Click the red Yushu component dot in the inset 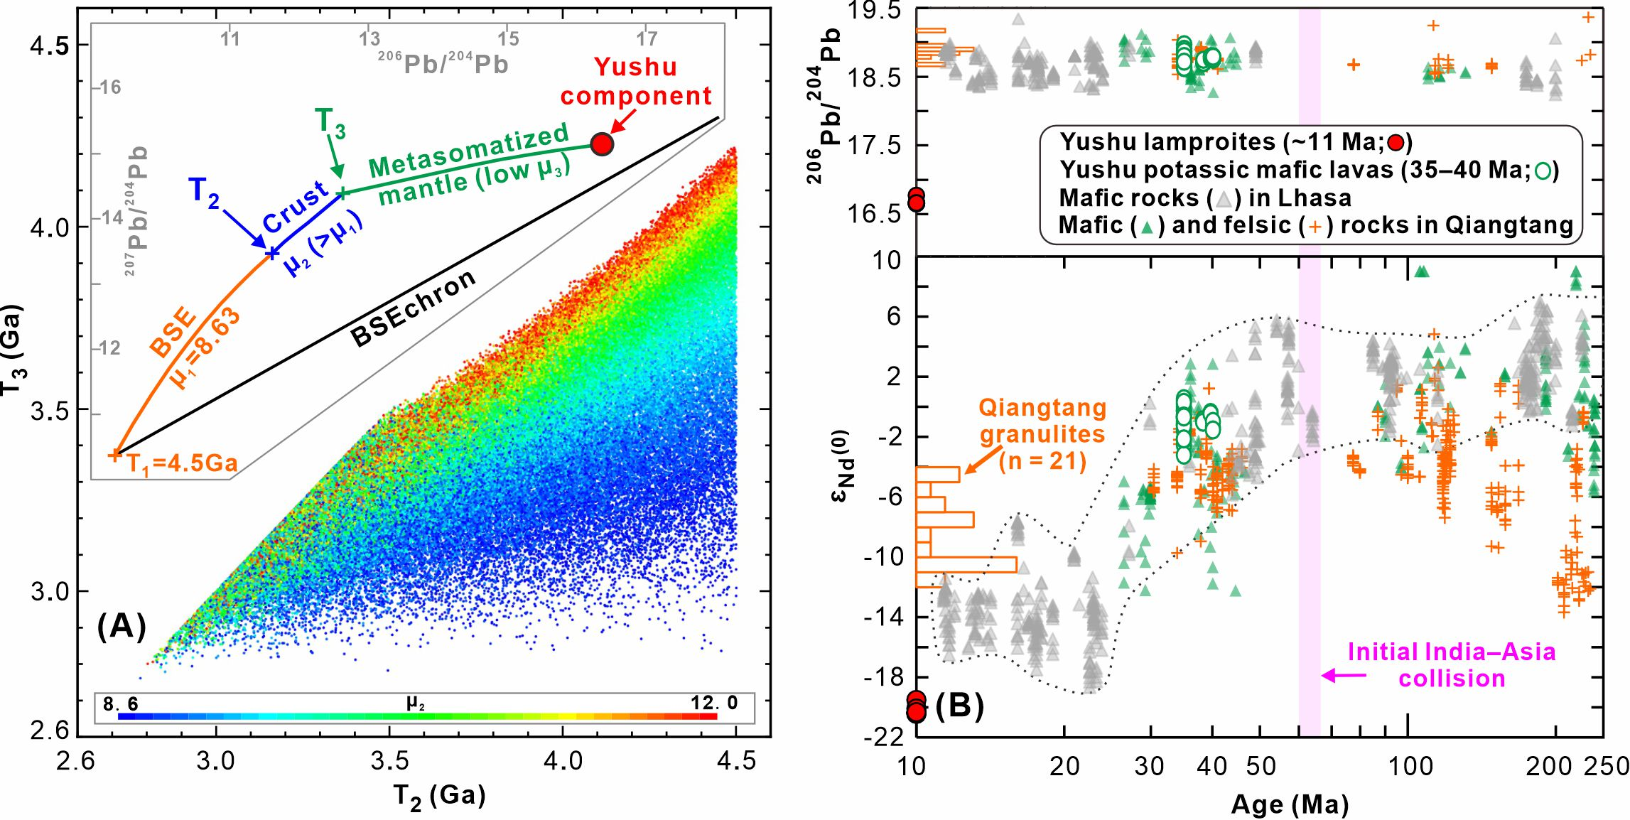[602, 144]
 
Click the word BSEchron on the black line [413, 308]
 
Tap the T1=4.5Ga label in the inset [182, 463]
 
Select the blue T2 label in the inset [204, 193]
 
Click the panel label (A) [122, 627]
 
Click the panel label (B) [959, 705]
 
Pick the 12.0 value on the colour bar [713, 703]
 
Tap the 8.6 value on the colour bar [120, 704]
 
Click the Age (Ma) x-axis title [1289, 804]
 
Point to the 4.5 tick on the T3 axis [50, 45]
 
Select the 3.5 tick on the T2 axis [389, 762]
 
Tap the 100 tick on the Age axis [1410, 767]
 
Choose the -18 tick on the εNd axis [884, 676]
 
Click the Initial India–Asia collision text [1451, 665]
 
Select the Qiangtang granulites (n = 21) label [1042, 434]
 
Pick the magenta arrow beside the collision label [1343, 676]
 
